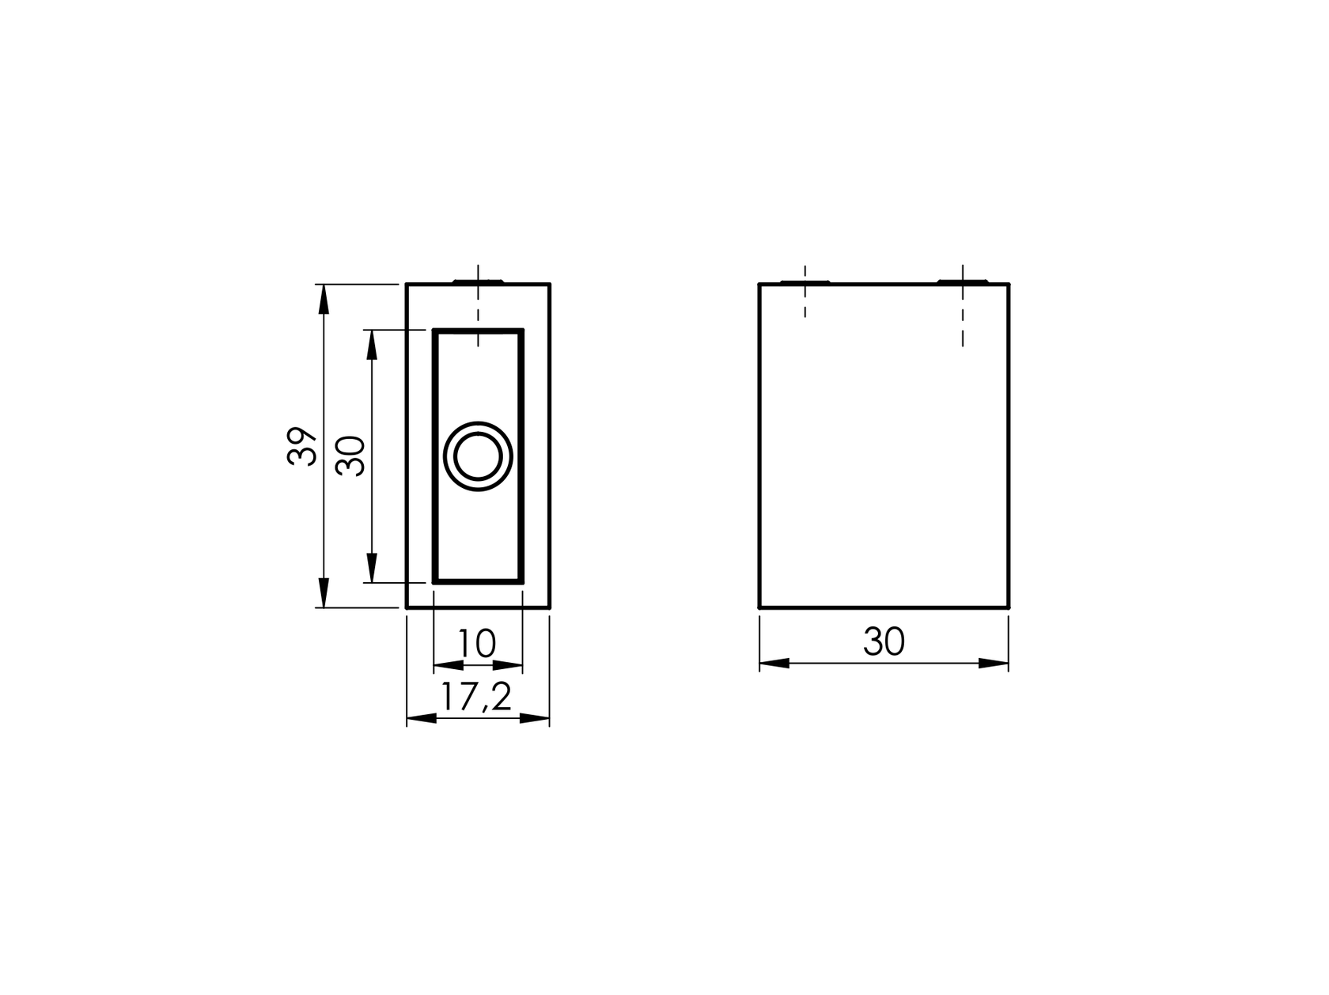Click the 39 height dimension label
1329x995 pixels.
[303, 446]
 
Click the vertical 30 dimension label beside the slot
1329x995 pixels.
[351, 456]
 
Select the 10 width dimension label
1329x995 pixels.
[477, 644]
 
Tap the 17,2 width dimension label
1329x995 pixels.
[476, 697]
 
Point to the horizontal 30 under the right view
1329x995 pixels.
[884, 642]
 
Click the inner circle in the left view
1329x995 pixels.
[478, 456]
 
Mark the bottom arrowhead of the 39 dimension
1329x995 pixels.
[323, 592]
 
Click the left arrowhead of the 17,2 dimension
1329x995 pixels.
[422, 718]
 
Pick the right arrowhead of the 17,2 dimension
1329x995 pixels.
[534, 718]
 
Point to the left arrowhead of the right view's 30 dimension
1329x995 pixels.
[774, 663]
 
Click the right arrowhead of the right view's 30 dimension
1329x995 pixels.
[994, 663]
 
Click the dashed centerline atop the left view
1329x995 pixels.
[479, 308]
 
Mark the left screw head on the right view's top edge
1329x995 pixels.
[804, 281]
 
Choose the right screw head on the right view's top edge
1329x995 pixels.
[962, 281]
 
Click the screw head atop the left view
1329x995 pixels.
[479, 281]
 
